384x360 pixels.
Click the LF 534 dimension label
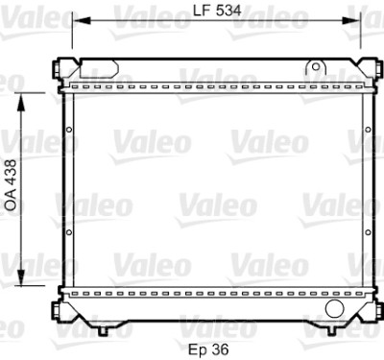pyautogui.click(x=217, y=11)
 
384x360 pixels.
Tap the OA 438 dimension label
pyautogui.click(x=11, y=185)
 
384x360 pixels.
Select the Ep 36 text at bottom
pyautogui.click(x=208, y=349)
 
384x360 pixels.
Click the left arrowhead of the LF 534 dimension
pyautogui.click(x=82, y=21)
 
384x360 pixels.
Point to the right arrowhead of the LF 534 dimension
pyautogui.click(x=351, y=21)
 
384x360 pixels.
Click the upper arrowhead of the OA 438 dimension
pyautogui.click(x=21, y=103)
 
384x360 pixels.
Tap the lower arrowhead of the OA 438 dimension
pyautogui.click(x=21, y=277)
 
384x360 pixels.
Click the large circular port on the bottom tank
pyautogui.click(x=334, y=308)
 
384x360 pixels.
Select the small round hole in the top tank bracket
pyautogui.click(x=316, y=67)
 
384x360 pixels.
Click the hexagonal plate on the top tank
pyautogui.click(x=99, y=69)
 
